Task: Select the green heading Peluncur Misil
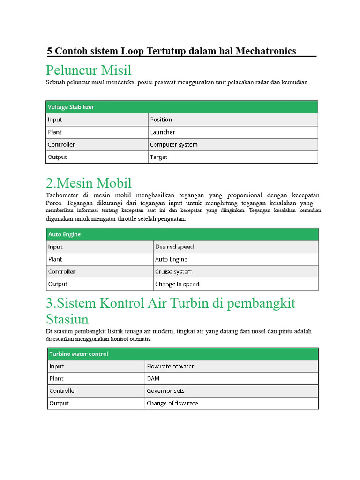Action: click(89, 70)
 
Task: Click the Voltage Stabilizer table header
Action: click(71, 107)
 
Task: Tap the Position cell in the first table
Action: click(161, 120)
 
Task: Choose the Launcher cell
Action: click(162, 132)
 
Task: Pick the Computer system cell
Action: click(173, 145)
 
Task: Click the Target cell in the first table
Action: click(158, 157)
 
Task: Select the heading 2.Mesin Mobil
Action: click(89, 183)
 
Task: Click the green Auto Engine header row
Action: click(64, 234)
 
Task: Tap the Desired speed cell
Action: click(174, 247)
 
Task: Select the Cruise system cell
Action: click(173, 272)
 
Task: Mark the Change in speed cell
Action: click(177, 284)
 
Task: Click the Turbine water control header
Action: click(78, 354)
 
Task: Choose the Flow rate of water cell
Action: click(170, 366)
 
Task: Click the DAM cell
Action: click(153, 378)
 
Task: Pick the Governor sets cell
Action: click(165, 391)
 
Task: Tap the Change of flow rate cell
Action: click(172, 403)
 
